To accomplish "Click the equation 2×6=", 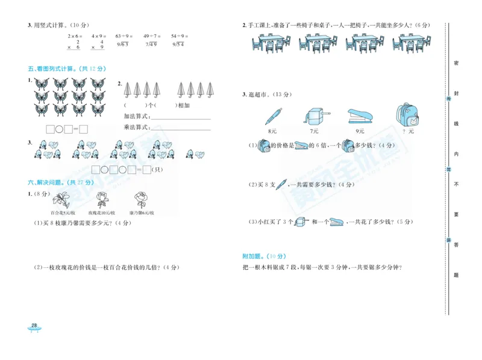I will click(x=75, y=36).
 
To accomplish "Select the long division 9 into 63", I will click(x=122, y=45).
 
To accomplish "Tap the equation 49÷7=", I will click(x=151, y=36).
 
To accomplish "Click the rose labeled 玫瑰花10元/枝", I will click(x=102, y=200).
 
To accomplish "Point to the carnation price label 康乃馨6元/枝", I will click(x=142, y=213).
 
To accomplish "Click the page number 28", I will click(x=34, y=326).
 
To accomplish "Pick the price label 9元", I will click(x=360, y=131).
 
